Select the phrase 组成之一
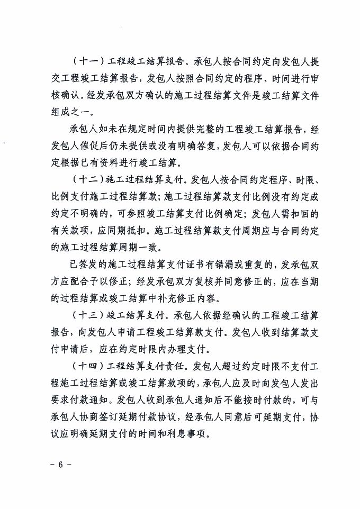tap(70, 111)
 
